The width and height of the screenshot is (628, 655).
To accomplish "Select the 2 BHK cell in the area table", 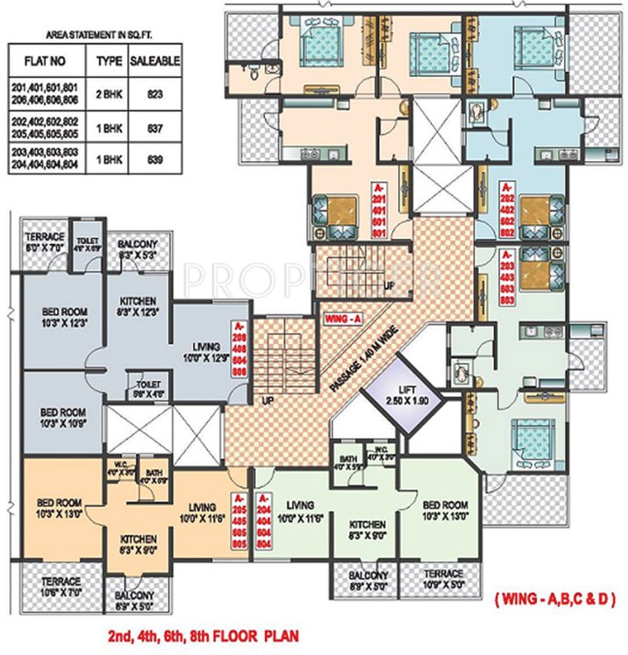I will pos(108,93).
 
